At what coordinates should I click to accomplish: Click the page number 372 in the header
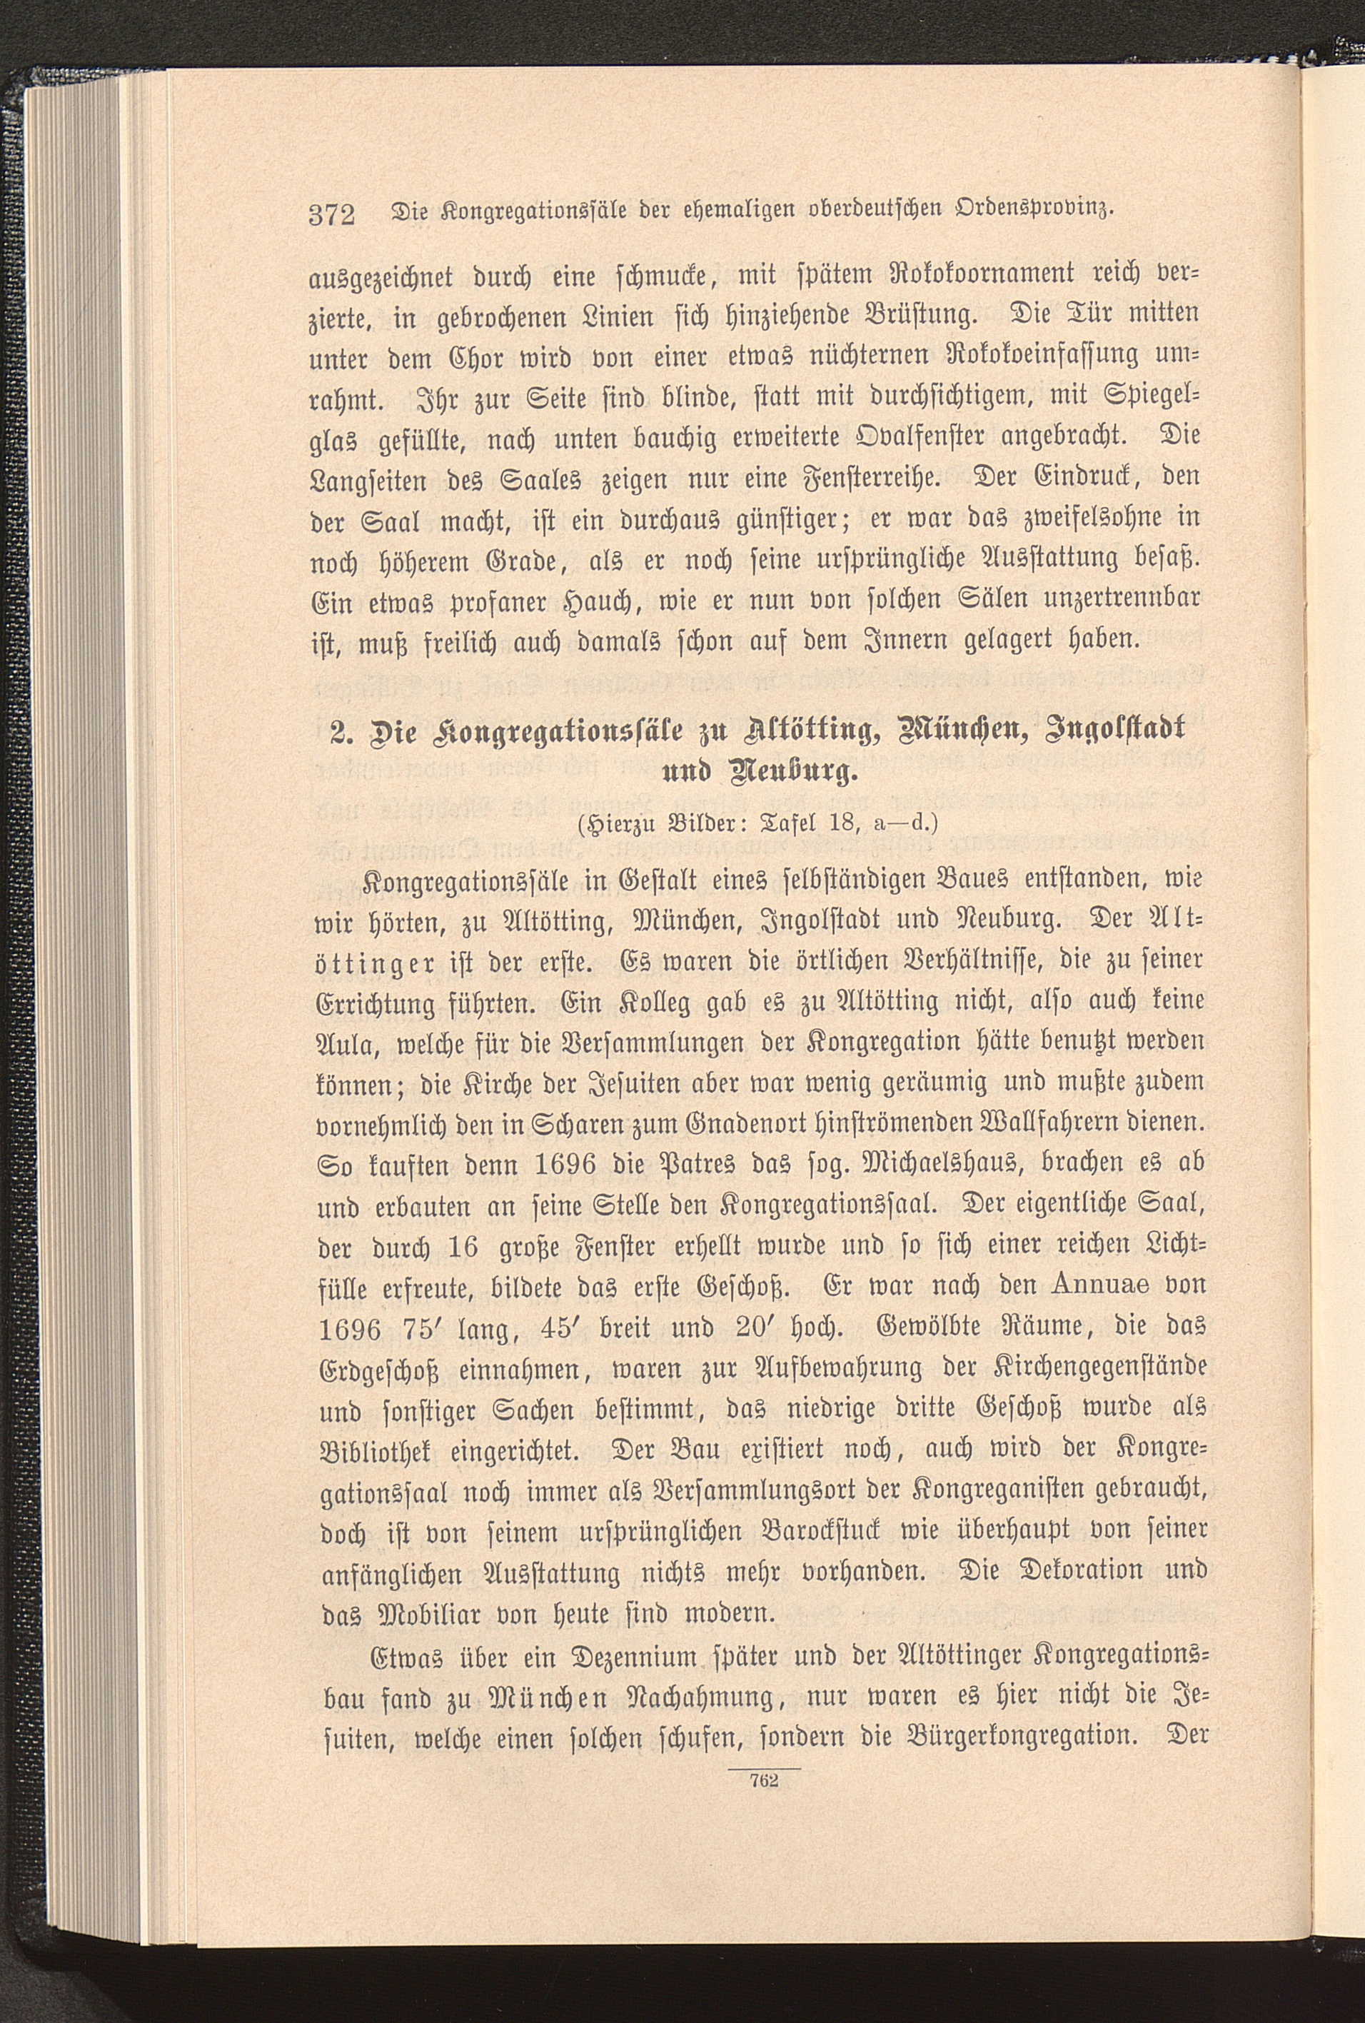(x=333, y=214)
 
